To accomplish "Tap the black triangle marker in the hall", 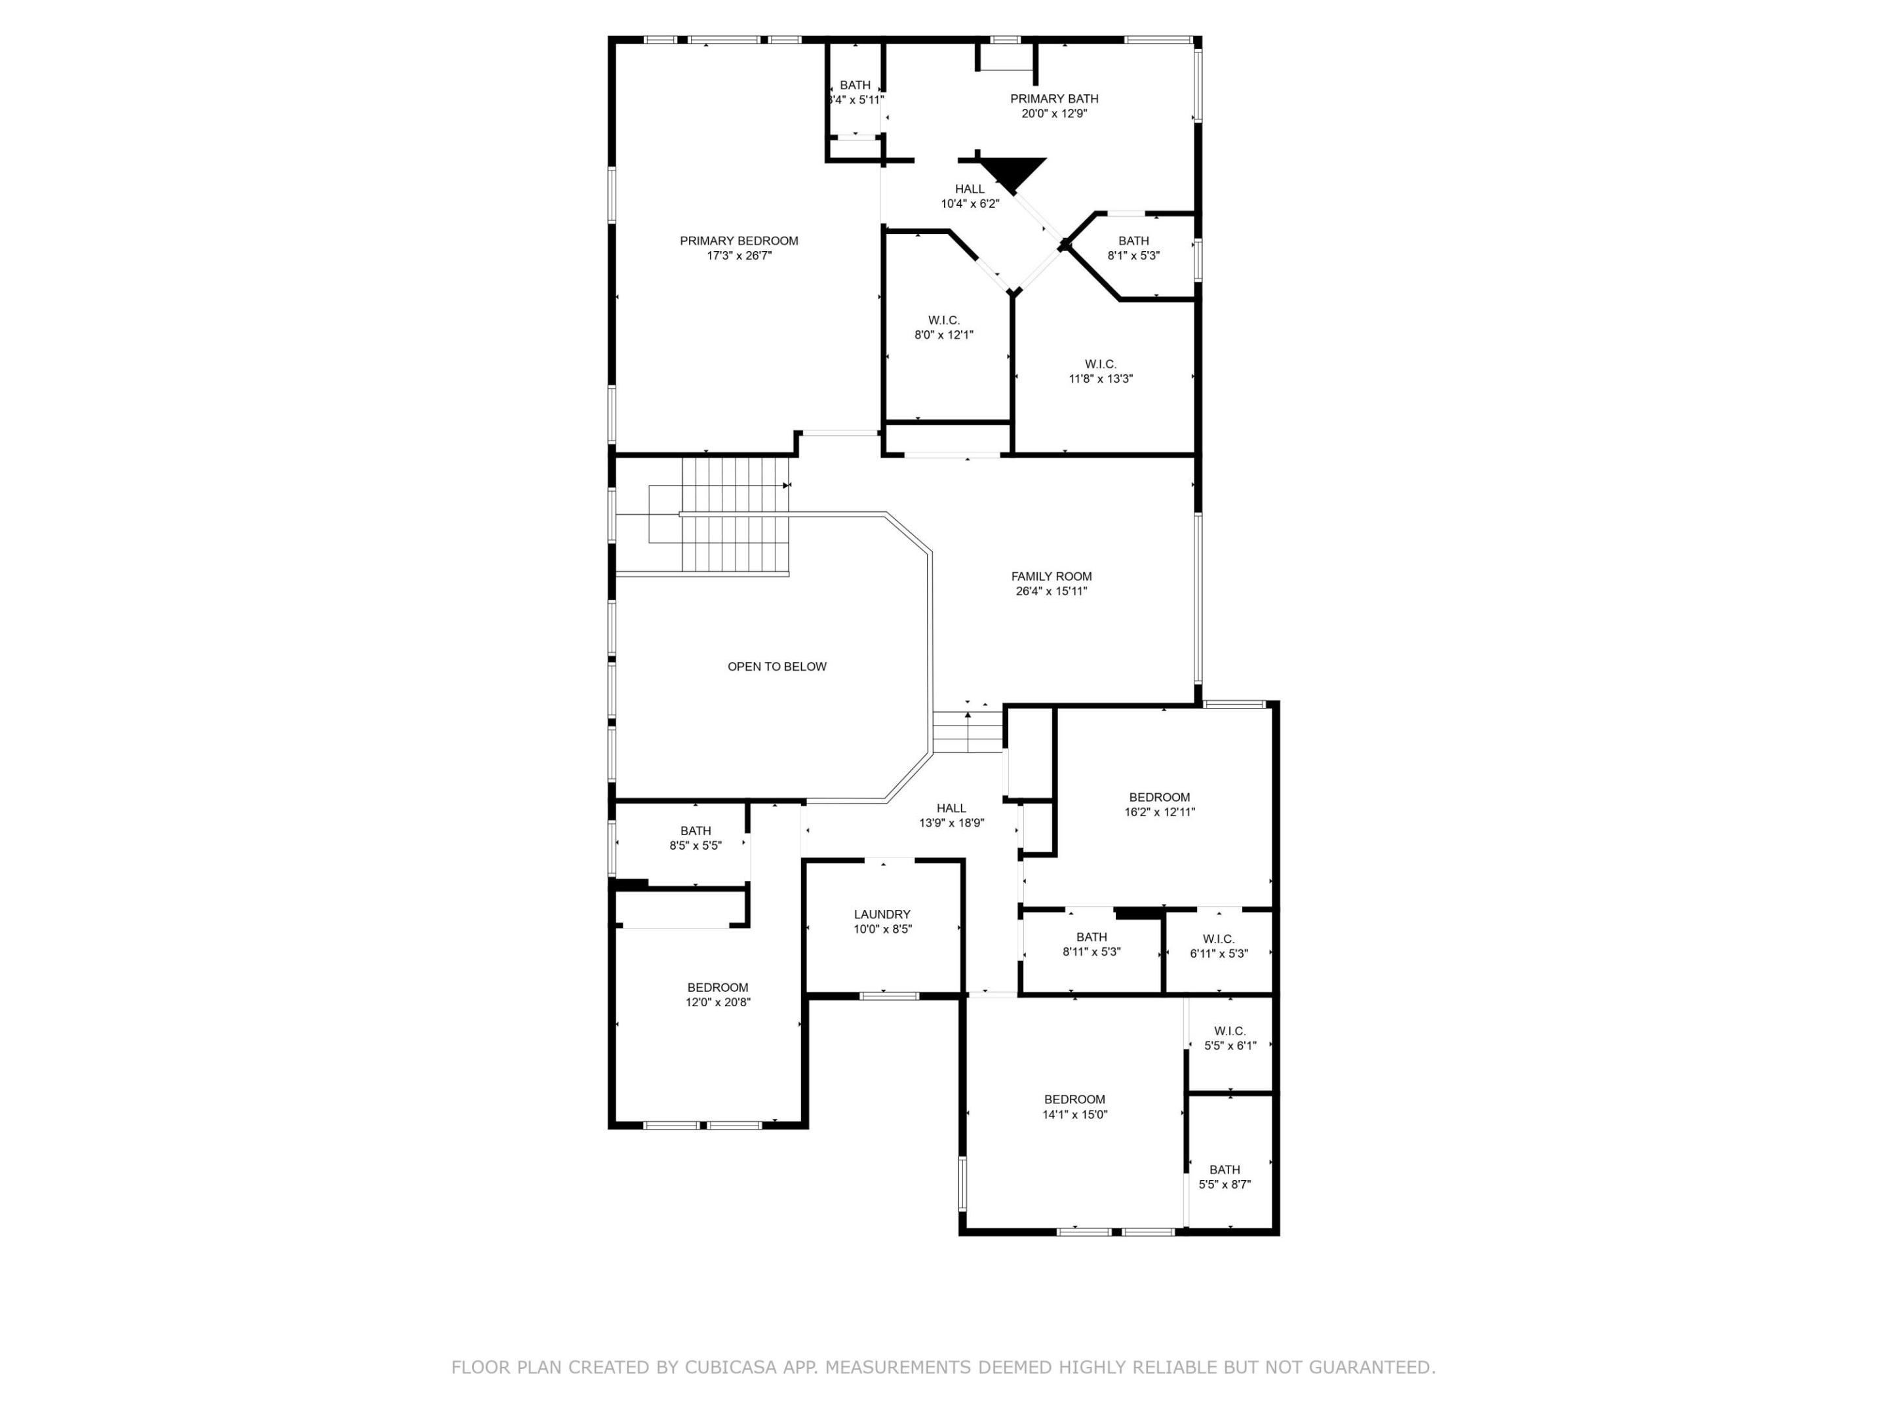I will (1012, 173).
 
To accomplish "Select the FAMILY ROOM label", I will (1051, 576).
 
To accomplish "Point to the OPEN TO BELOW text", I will (777, 667).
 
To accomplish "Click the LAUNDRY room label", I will (882, 914).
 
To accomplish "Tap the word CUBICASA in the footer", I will (730, 1367).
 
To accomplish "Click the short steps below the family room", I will (967, 732).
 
